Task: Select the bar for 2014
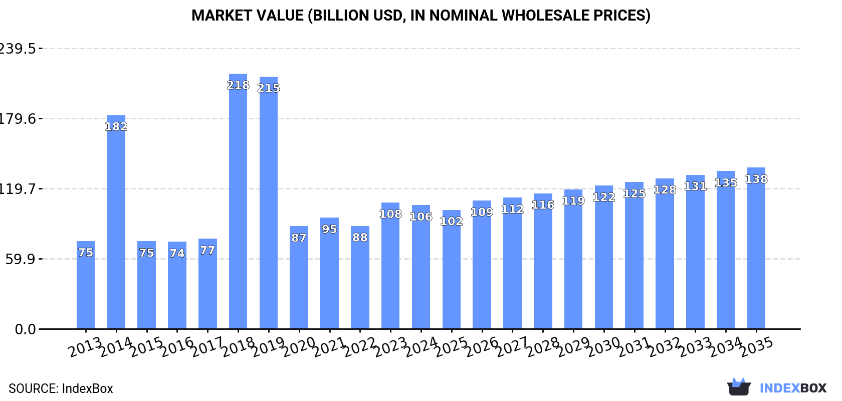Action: pyautogui.click(x=116, y=226)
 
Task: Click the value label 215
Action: pyautogui.click(x=269, y=88)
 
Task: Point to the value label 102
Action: pyautogui.click(x=451, y=221)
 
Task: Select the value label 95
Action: pyautogui.click(x=329, y=229)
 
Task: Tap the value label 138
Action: pyautogui.click(x=756, y=179)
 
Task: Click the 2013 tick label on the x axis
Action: pyautogui.click(x=86, y=347)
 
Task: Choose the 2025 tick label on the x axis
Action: pyautogui.click(x=452, y=347)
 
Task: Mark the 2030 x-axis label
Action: pyautogui.click(x=604, y=347)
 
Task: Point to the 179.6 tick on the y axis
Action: pyautogui.click(x=18, y=119)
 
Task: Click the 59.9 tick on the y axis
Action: pyautogui.click(x=21, y=259)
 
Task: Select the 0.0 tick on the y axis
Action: pyautogui.click(x=25, y=329)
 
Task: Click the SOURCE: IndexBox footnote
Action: pyautogui.click(x=61, y=388)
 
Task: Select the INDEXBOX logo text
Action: pyautogui.click(x=793, y=388)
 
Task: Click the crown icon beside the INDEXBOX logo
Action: pyautogui.click(x=739, y=386)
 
